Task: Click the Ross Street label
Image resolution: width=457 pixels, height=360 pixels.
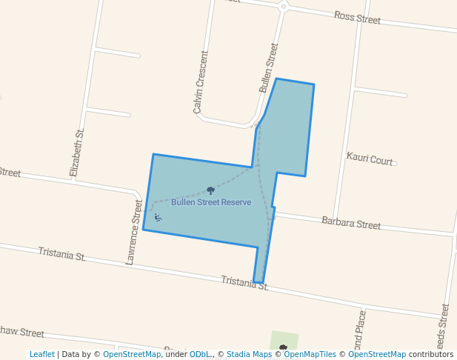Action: pos(357,16)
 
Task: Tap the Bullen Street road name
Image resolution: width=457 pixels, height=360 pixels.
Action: pos(269,67)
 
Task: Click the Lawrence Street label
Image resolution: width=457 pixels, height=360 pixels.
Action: pos(134,232)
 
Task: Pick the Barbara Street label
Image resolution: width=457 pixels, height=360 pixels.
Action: pos(351,223)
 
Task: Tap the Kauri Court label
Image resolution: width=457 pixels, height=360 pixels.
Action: pos(370,159)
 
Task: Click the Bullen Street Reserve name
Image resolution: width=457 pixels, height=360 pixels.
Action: pos(211,202)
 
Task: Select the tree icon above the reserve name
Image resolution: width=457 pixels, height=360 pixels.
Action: pos(210,191)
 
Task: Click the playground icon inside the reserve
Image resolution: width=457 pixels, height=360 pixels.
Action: pos(158,217)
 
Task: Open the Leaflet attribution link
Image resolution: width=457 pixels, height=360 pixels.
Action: pos(41,354)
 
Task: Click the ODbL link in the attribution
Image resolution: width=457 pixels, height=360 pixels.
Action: pos(199,354)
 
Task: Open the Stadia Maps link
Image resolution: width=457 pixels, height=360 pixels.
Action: pos(249,354)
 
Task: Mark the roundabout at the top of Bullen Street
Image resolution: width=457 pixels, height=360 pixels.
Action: pos(284,7)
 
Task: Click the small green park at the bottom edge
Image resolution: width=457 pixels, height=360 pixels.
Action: pos(284,341)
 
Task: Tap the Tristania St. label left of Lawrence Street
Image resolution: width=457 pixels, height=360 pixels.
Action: pos(61,254)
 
